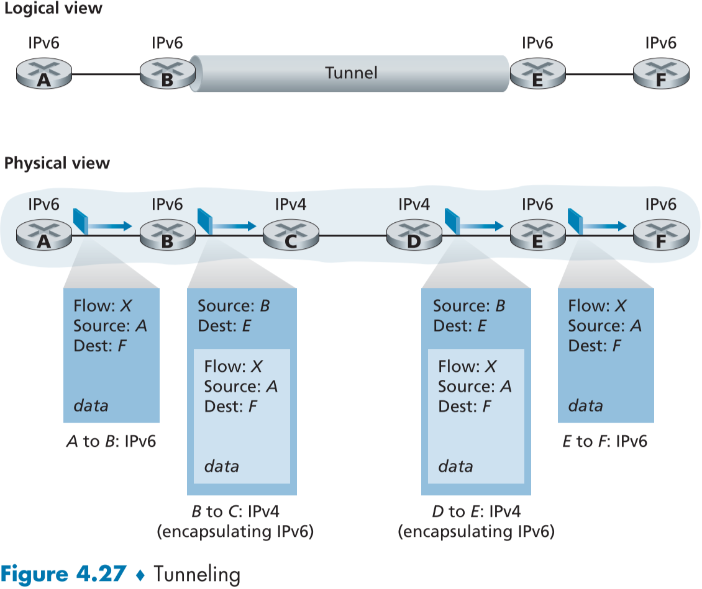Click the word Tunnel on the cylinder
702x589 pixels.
click(x=351, y=73)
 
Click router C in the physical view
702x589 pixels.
click(x=290, y=235)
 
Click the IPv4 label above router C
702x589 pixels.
click(x=290, y=203)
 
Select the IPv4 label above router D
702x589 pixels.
click(x=414, y=203)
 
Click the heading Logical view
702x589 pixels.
click(x=53, y=9)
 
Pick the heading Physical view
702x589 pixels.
click(x=57, y=163)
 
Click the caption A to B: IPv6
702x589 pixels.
click(x=111, y=441)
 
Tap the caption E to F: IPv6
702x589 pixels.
click(x=605, y=441)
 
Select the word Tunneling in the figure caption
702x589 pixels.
click(x=197, y=574)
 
